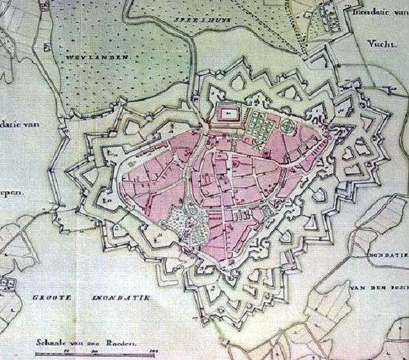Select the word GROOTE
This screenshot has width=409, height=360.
click(53, 298)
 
